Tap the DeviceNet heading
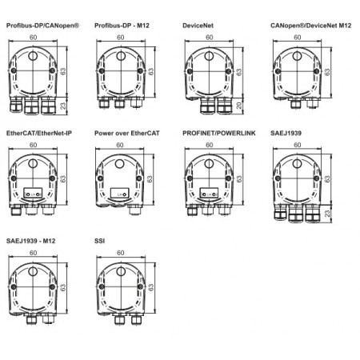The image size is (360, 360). tap(199, 26)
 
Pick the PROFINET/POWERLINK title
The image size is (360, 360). tap(218, 133)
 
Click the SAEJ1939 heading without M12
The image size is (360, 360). tap(287, 133)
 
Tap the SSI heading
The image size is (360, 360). tap(99, 240)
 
